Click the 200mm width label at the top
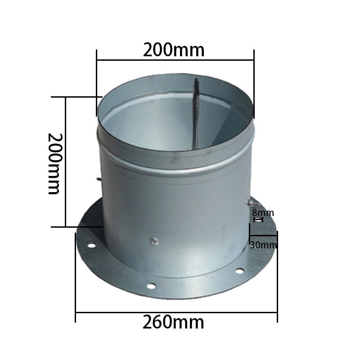(x=174, y=50)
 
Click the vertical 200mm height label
(x=54, y=163)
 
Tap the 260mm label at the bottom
(x=173, y=322)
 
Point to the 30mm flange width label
(x=263, y=245)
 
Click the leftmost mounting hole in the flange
(x=91, y=246)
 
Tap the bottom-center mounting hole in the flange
(x=151, y=286)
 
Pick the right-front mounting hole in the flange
(x=240, y=270)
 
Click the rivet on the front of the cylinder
(x=154, y=241)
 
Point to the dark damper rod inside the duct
(x=196, y=112)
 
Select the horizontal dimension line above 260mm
(x=176, y=311)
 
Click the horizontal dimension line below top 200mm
(x=175, y=59)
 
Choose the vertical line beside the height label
(x=66, y=162)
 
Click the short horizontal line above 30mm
(x=263, y=235)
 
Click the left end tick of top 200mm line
(x=97, y=59)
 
